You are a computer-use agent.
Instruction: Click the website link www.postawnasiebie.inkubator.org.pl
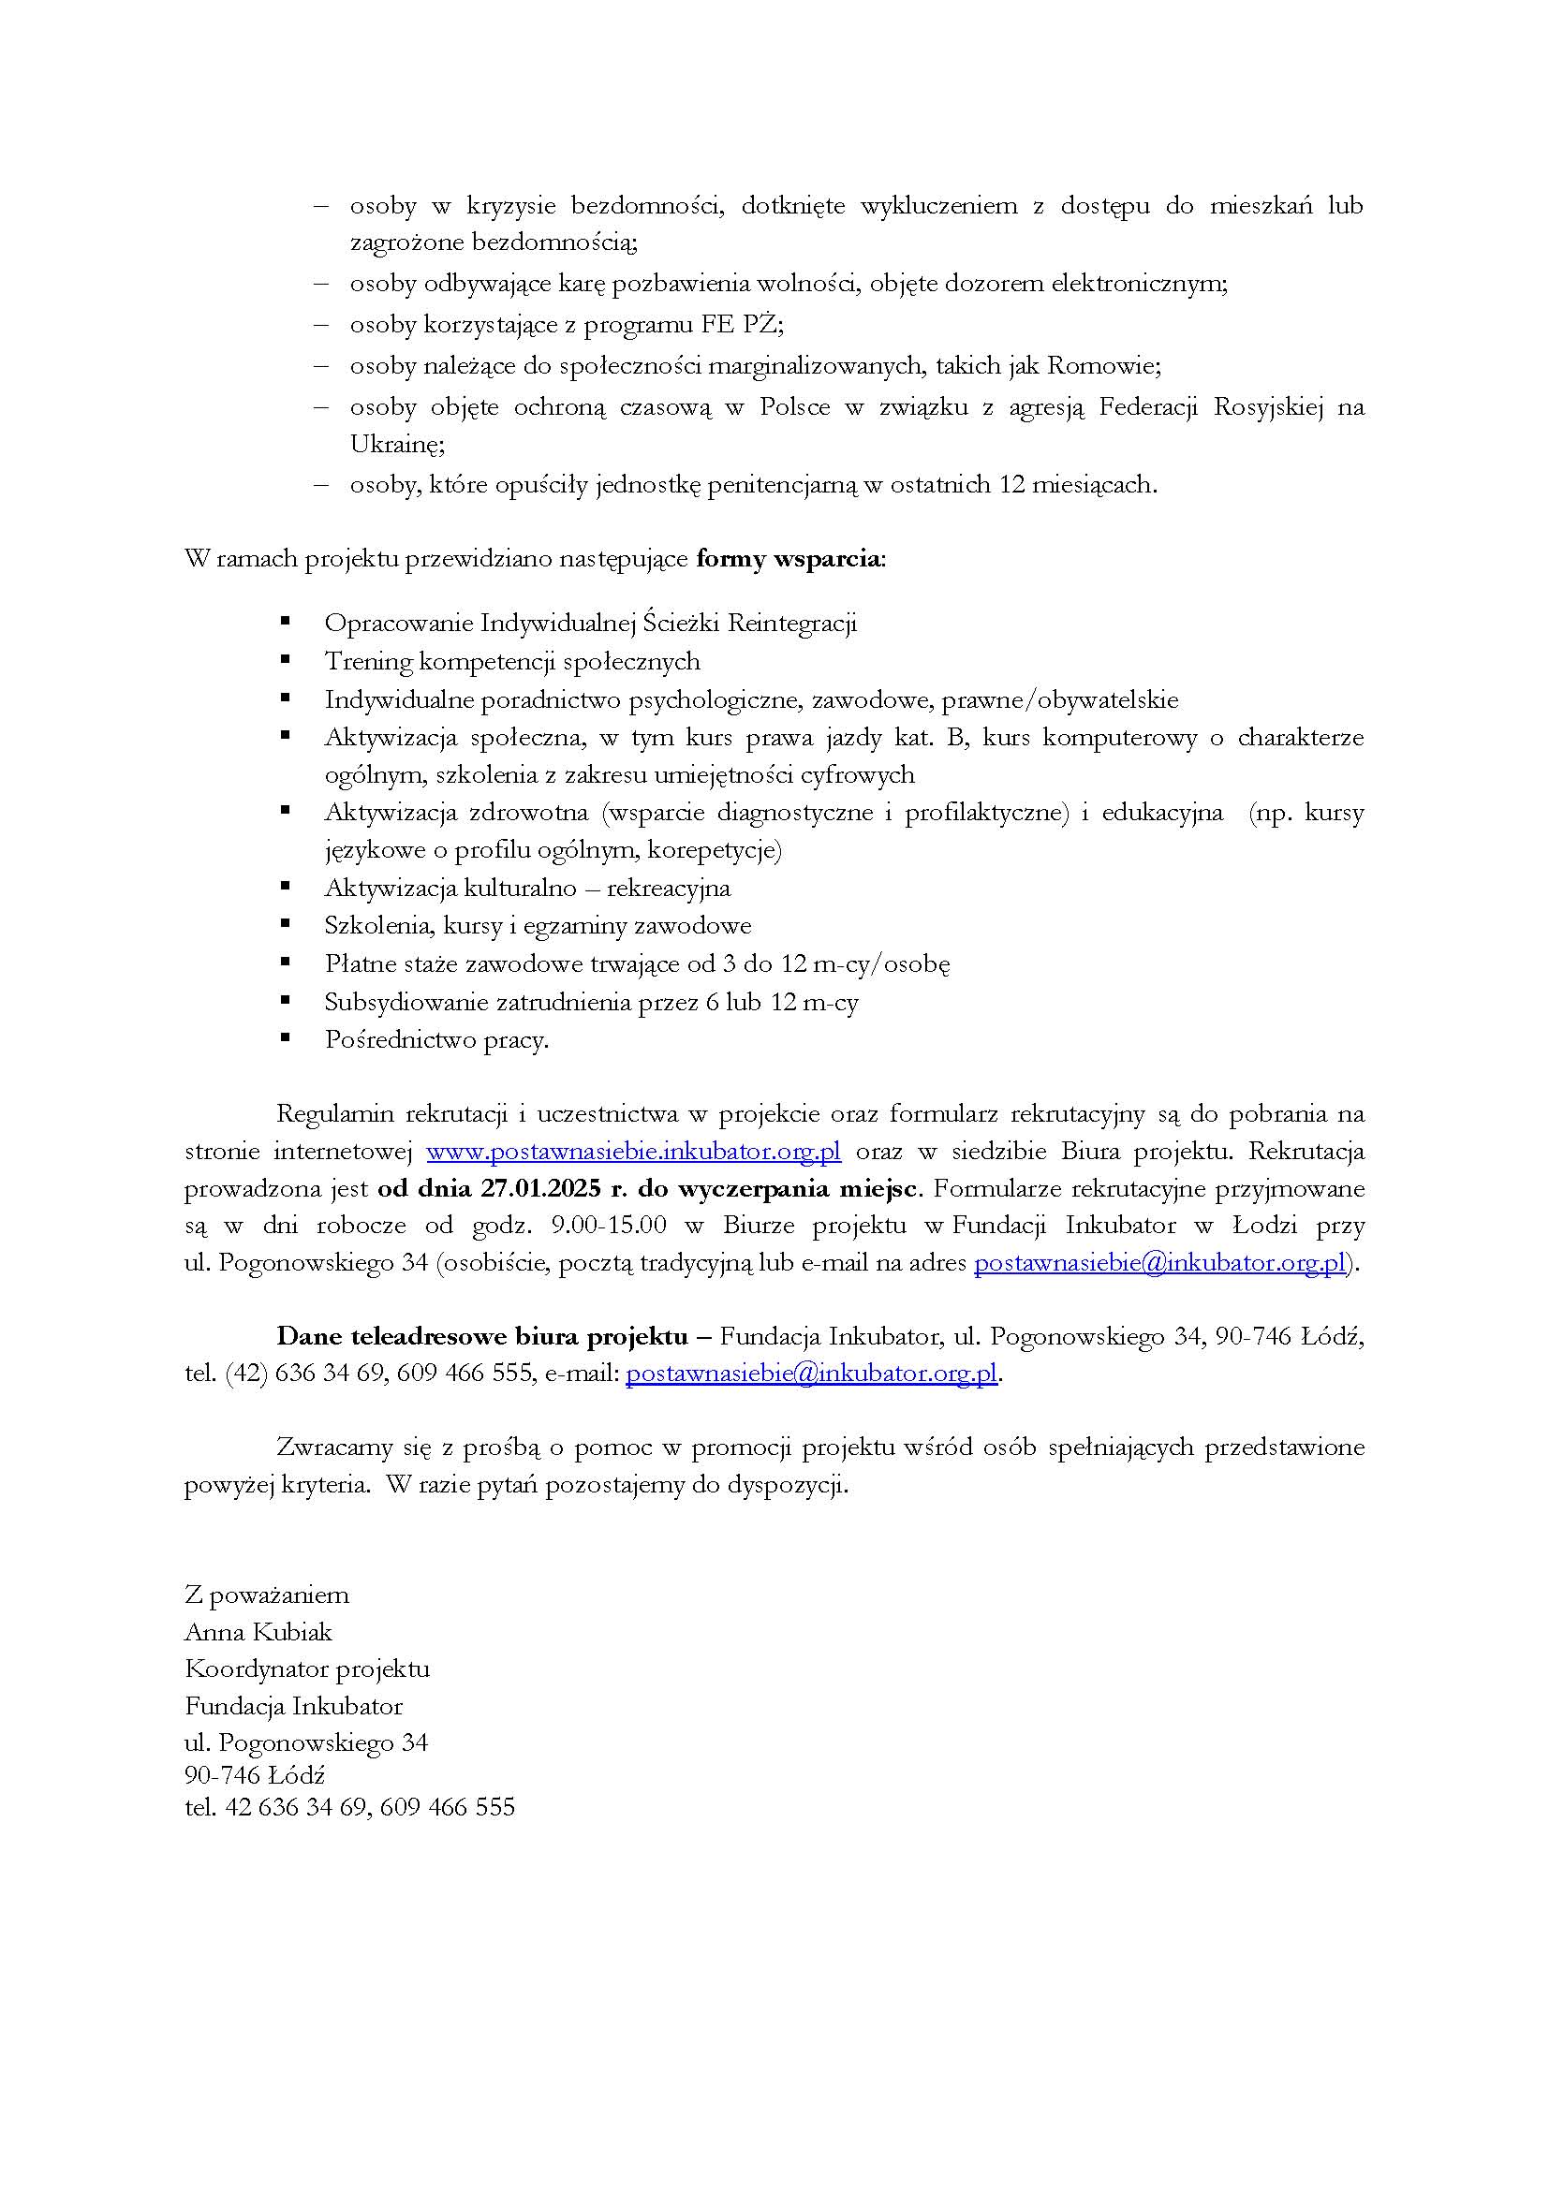point(633,1152)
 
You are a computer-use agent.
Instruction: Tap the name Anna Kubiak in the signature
point(258,1632)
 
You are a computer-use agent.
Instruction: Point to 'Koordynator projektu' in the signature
point(307,1669)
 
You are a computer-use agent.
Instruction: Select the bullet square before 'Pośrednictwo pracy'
point(285,1038)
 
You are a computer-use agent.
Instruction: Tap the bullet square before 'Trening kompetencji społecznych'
point(285,660)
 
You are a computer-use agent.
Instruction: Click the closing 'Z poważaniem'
point(267,1595)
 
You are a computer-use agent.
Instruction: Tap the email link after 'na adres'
point(1158,1263)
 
